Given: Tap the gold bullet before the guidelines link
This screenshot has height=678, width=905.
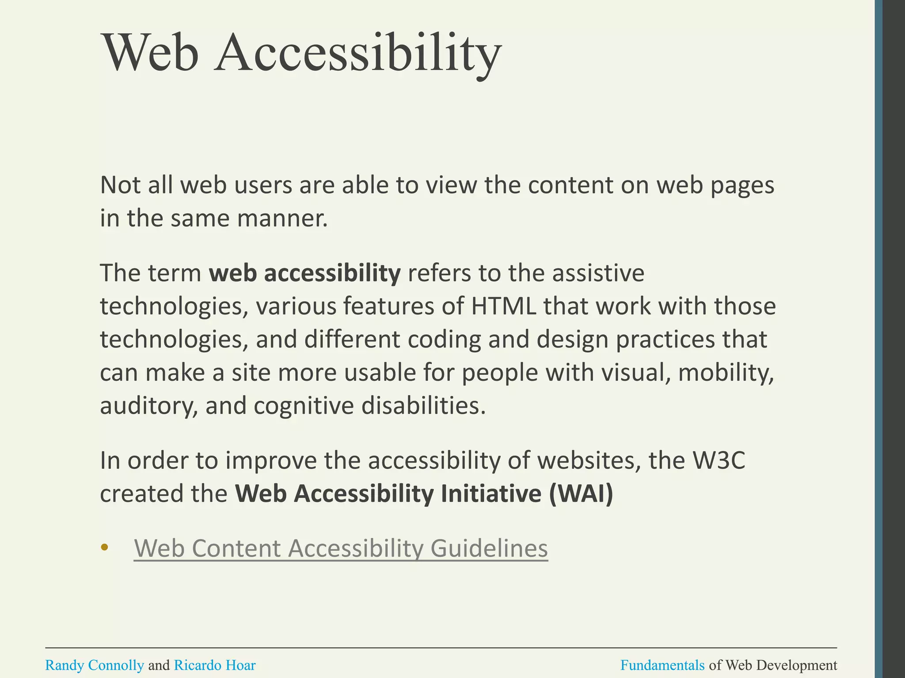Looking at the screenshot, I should pyautogui.click(x=104, y=548).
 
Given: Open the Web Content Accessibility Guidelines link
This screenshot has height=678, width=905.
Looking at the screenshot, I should pyautogui.click(x=341, y=548).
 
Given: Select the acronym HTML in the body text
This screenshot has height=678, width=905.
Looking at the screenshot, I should pyautogui.click(x=504, y=306).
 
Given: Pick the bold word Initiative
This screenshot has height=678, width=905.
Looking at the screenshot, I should pyautogui.click(x=491, y=493).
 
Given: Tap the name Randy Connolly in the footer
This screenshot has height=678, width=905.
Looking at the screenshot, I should pyautogui.click(x=95, y=665).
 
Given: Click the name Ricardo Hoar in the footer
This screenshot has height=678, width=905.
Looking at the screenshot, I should pyautogui.click(x=215, y=665).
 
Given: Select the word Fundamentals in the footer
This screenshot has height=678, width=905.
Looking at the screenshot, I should pyautogui.click(x=662, y=665).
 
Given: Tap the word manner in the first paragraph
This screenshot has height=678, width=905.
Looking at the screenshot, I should pyautogui.click(x=282, y=218).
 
